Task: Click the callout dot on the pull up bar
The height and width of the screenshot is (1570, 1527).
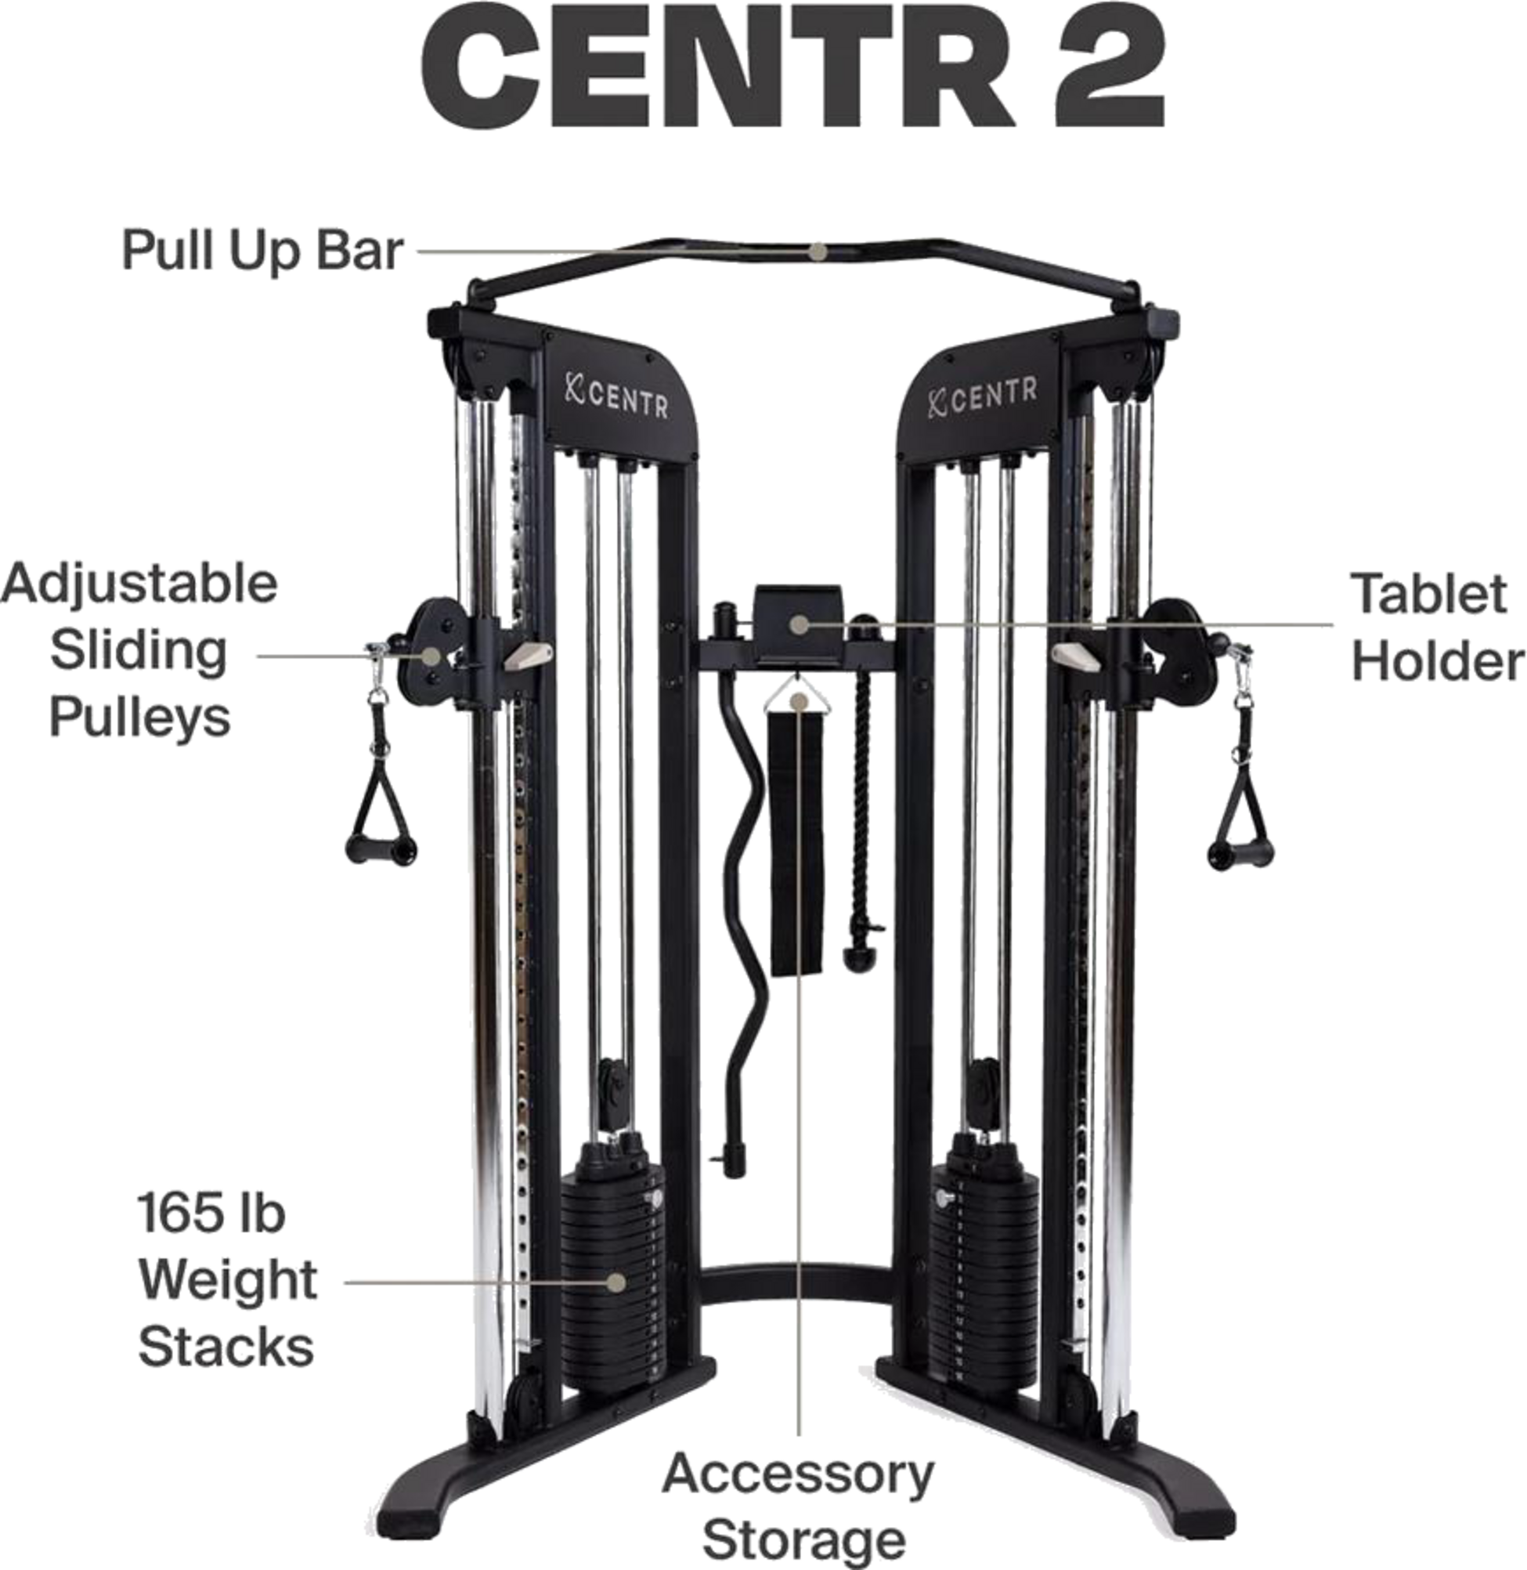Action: coord(817,251)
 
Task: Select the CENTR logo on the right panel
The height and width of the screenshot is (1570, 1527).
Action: coord(982,395)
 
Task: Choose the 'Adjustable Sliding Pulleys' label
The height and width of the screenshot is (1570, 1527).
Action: coord(140,649)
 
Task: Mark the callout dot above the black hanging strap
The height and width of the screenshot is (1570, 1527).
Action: coord(797,701)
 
